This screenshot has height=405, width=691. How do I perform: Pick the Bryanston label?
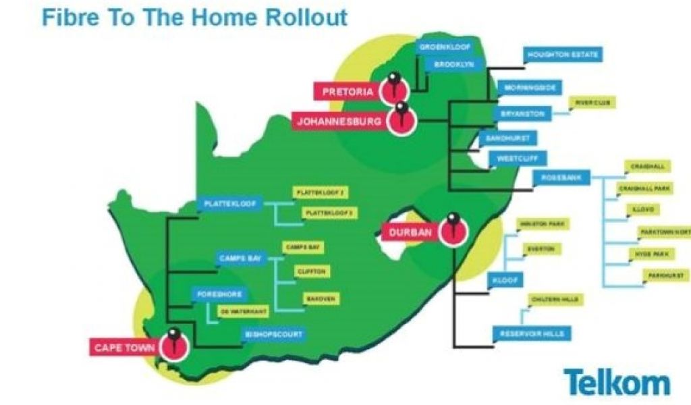pyautogui.click(x=523, y=114)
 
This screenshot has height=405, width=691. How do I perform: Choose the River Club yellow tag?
pyautogui.click(x=592, y=103)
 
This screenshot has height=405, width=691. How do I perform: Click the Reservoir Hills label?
pyautogui.click(x=532, y=333)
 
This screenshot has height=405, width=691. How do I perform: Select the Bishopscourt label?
pyautogui.click(x=274, y=334)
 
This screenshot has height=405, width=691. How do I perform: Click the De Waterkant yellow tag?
pyautogui.click(x=244, y=311)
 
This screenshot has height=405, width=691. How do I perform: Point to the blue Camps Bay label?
pyautogui.click(x=240, y=258)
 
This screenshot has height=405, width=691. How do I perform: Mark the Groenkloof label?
pyautogui.click(x=444, y=47)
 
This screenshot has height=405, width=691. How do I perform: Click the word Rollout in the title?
pyautogui.click(x=304, y=17)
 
